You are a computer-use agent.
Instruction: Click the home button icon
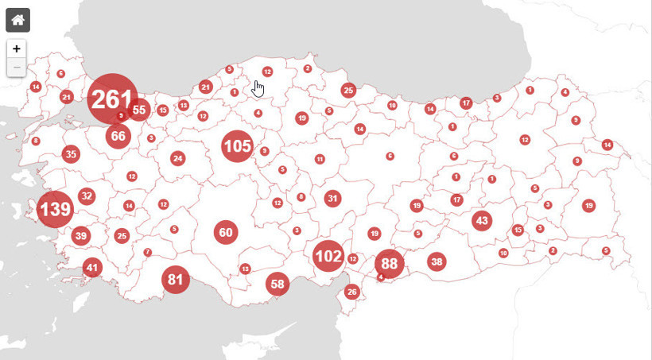click(17, 20)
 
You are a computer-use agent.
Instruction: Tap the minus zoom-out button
click(17, 68)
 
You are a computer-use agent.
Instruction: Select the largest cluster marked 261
click(112, 99)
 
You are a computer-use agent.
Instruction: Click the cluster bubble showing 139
click(55, 210)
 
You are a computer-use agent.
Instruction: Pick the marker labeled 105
click(237, 146)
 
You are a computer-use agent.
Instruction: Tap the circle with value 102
click(328, 256)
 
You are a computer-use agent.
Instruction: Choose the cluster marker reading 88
click(389, 264)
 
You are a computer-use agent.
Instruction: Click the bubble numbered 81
click(176, 280)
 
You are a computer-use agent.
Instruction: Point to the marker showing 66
click(118, 136)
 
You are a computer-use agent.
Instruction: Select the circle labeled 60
click(226, 233)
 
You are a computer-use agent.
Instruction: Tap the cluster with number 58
click(277, 284)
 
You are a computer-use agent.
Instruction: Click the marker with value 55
click(139, 110)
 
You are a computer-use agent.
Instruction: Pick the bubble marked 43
click(482, 221)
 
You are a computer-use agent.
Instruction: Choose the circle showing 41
click(92, 268)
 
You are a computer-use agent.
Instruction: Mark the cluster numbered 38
click(437, 261)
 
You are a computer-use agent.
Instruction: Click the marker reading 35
click(71, 154)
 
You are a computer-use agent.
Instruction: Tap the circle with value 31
click(332, 199)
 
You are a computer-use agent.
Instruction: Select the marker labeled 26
click(352, 292)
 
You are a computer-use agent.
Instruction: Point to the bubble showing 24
click(177, 158)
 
